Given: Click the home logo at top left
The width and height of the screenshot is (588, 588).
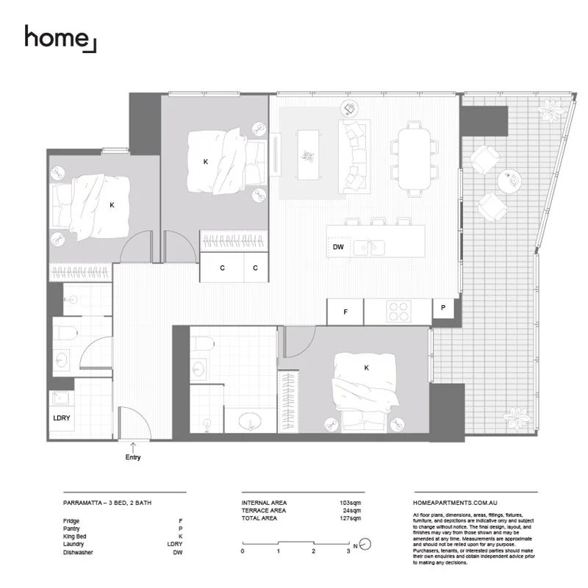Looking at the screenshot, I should pos(60,38).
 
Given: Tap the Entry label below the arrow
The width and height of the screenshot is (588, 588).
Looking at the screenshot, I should pos(132,457).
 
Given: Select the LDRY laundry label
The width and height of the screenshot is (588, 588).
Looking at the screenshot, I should pos(61,417).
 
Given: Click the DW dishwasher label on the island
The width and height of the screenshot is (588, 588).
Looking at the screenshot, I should pos(338,248).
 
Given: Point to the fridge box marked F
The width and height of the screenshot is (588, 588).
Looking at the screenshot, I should pos(345,312).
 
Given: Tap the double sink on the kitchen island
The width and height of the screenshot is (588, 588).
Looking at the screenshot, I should pos(370,248).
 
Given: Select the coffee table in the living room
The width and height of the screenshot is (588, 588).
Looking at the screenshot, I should pos(308,154).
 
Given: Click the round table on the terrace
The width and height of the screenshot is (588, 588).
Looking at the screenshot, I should pos(509,180).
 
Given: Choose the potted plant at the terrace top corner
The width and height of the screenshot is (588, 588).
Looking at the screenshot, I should pos(549,111).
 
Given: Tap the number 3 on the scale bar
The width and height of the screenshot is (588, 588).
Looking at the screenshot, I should pos(348,551).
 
